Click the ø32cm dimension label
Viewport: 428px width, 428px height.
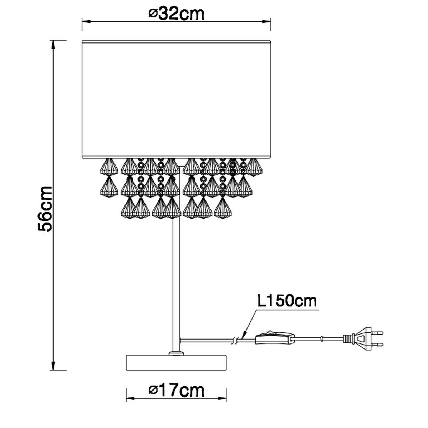[176, 14]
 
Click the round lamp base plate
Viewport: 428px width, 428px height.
[176, 362]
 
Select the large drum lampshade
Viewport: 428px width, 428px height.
[176, 99]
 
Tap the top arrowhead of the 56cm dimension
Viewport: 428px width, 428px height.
[53, 45]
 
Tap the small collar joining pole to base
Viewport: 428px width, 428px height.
[176, 353]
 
